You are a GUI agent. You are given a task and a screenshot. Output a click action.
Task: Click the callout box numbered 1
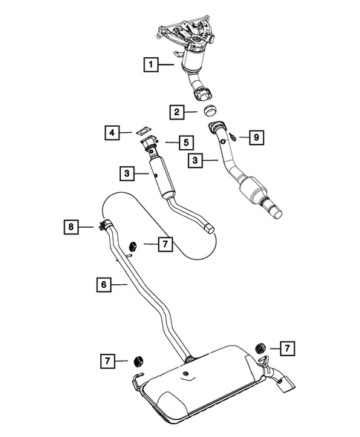151,65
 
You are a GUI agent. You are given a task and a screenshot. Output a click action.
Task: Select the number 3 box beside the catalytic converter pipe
197,160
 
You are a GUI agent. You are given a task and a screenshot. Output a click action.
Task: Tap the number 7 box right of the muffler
286,346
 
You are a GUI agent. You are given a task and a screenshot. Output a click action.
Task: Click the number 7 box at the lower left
109,361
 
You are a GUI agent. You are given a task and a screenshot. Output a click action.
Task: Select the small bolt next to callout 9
232,137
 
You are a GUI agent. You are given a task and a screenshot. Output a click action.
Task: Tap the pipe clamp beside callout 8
102,226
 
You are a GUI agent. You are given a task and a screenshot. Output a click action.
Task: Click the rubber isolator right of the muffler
259,347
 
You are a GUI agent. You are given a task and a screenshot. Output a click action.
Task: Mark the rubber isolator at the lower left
137,361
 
